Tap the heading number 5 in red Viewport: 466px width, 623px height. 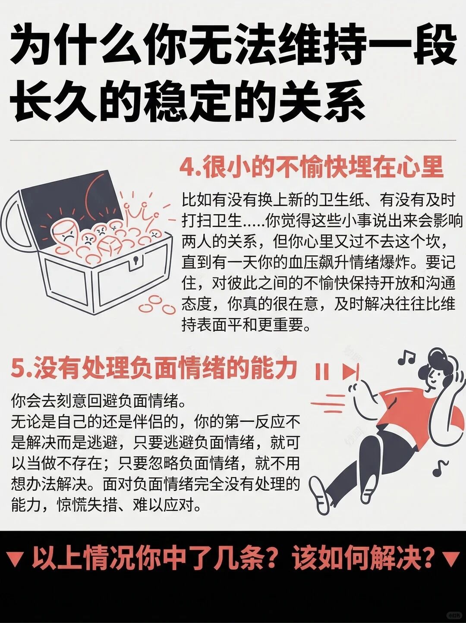tap(18, 369)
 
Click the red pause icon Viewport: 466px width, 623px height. tap(322, 371)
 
